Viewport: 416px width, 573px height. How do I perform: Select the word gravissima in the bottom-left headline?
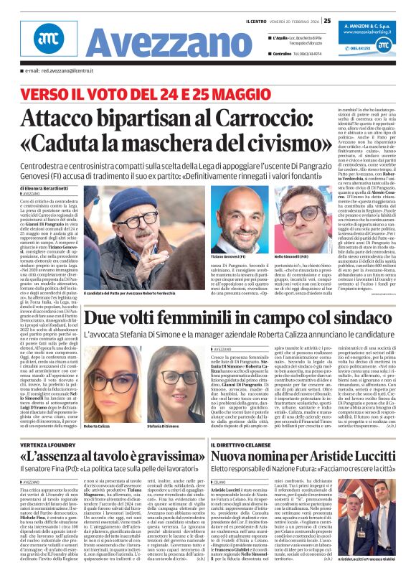tap(153, 459)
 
